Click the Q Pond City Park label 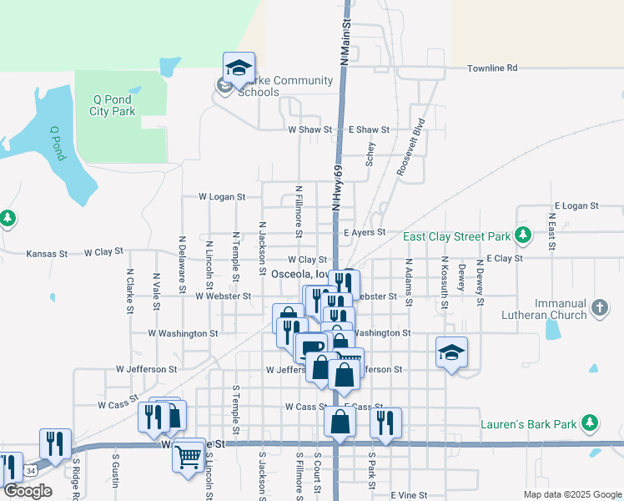[113, 105]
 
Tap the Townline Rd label [492, 68]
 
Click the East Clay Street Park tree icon [523, 235]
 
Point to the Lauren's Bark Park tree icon [590, 423]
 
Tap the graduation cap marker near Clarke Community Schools [239, 68]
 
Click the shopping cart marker [189, 455]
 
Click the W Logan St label [222, 197]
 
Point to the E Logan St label [576, 205]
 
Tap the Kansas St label [47, 253]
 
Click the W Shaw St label [310, 130]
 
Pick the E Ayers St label [365, 232]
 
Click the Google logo [27, 491]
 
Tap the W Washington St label [183, 333]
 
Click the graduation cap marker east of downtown [451, 353]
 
